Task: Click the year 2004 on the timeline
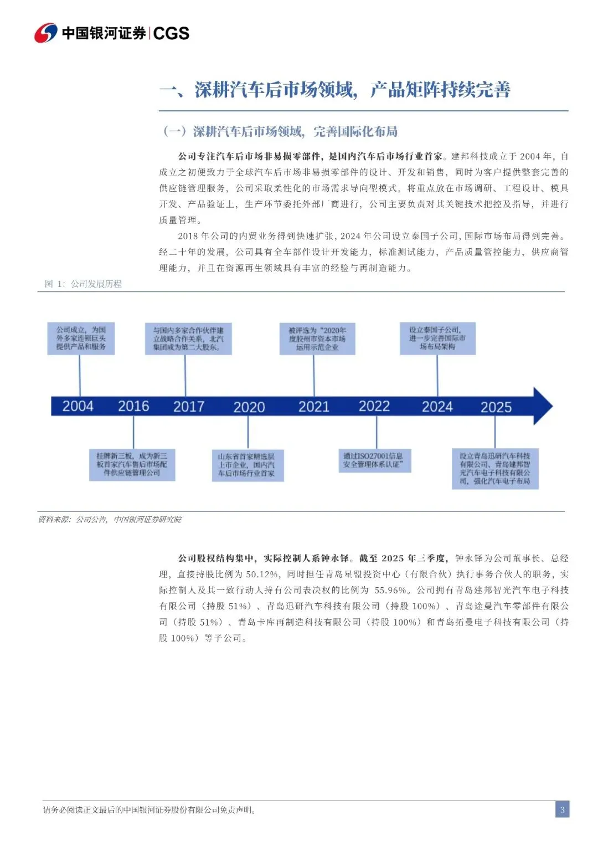pos(78,406)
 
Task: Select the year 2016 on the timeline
pos(133,406)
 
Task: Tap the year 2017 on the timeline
pos(189,407)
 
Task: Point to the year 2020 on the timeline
pos(249,407)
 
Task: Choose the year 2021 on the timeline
pos(314,407)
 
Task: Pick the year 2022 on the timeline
pos(374,406)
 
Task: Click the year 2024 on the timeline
pos(437,407)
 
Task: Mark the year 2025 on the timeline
pos(496,407)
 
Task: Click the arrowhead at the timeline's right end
pos(542,406)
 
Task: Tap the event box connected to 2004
pos(81,339)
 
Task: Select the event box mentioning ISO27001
pos(376,460)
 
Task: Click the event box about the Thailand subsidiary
pos(437,338)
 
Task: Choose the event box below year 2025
pos(495,468)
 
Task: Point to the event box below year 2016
pos(132,464)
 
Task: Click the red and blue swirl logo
pos(45,33)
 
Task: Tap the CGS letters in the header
pos(171,33)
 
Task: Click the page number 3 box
pos(562,809)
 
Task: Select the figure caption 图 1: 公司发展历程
pos(83,284)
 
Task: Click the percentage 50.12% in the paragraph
pos(262,574)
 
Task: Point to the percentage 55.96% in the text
pos(393,590)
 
